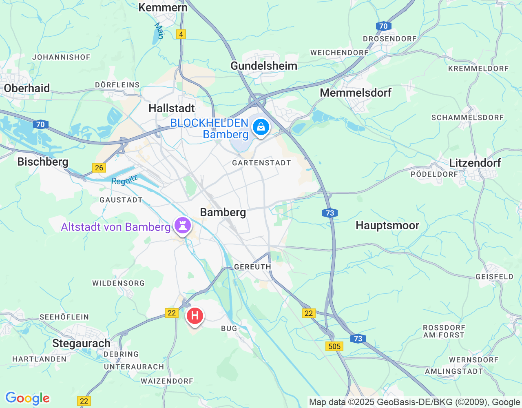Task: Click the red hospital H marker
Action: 195,316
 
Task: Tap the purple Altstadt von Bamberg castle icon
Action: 182,225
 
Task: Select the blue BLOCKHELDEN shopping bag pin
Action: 261,127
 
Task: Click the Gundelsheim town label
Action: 264,66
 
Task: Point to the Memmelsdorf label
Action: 356,93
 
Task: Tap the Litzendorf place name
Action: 475,163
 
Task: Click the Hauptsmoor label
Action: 387,225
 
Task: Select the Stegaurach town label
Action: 81,343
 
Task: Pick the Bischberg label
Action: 43,162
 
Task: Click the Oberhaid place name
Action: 27,88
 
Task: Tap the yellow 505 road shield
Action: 334,346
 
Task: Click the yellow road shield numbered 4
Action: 181,34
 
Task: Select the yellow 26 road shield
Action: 99,168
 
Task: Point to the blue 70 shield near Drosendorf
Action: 383,26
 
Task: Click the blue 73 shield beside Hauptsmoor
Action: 330,213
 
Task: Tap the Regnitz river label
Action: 125,180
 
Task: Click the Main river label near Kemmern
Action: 159,31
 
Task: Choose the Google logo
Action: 27,398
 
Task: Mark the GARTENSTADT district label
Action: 261,163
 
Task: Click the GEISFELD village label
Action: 494,277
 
